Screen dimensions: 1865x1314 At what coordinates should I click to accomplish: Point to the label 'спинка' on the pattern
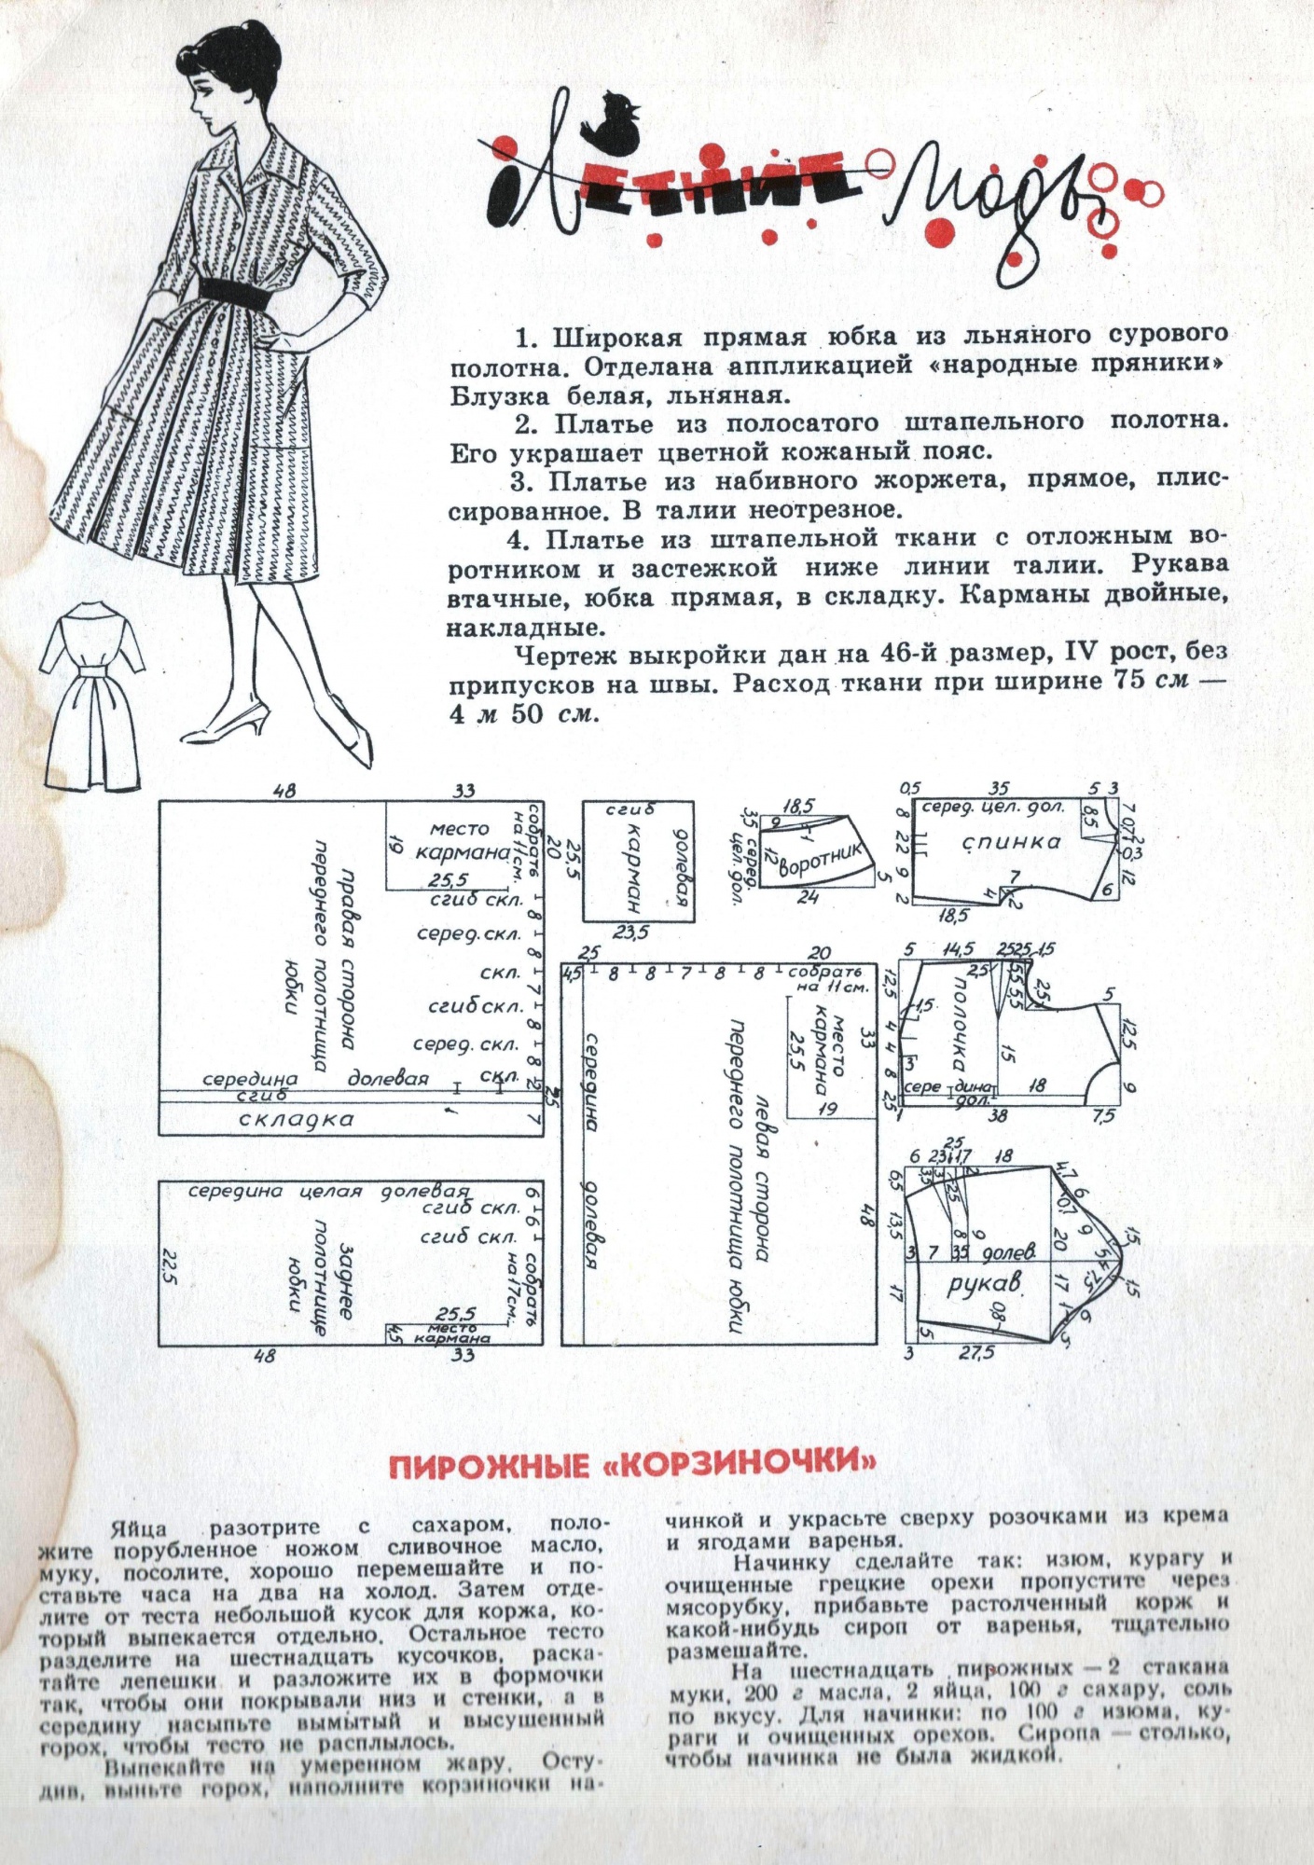point(1011,842)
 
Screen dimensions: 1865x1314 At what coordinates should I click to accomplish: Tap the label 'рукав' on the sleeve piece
point(984,1284)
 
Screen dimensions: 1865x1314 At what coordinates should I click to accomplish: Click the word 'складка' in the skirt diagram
point(297,1119)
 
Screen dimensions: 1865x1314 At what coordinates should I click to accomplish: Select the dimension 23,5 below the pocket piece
point(631,932)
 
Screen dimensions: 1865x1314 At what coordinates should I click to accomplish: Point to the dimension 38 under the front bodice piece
point(997,1114)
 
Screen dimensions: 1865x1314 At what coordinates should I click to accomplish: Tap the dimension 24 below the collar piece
point(808,897)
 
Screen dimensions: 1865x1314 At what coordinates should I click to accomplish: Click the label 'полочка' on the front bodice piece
point(959,1025)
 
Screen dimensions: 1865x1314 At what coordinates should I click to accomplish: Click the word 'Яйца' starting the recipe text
point(139,1527)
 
